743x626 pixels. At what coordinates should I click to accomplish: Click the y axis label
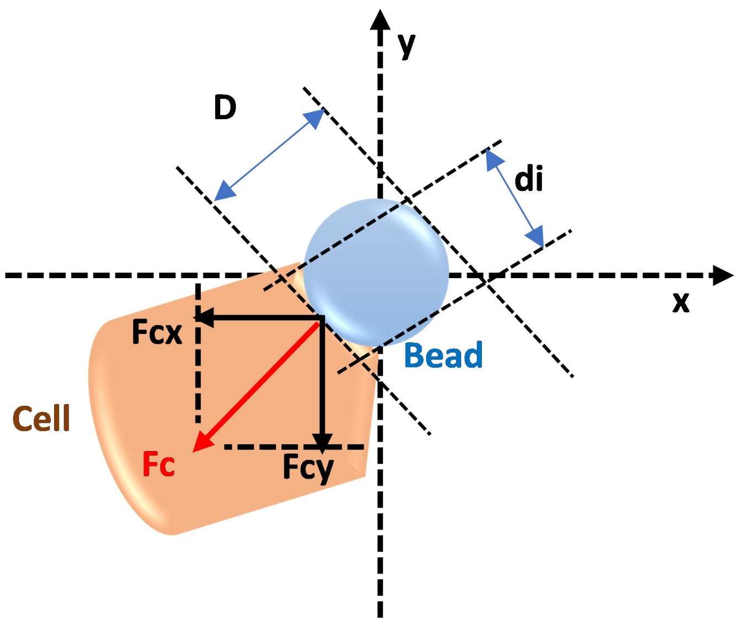[x=406, y=45]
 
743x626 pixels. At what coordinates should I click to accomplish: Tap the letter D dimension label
[x=225, y=107]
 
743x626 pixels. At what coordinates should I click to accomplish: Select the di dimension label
[x=528, y=179]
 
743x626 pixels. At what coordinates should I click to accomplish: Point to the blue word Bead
[x=443, y=355]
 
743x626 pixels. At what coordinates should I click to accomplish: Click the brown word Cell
[x=41, y=418]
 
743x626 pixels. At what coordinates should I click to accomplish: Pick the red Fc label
[x=158, y=464]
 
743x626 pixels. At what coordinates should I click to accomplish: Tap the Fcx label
[x=157, y=332]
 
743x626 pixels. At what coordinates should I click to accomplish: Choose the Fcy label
[x=308, y=468]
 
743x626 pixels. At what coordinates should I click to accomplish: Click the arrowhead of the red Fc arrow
[x=201, y=443]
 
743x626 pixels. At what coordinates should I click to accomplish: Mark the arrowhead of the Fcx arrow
[x=204, y=317]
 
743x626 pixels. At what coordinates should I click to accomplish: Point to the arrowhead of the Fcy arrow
[x=322, y=442]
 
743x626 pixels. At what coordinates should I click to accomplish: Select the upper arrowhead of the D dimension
[x=316, y=118]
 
